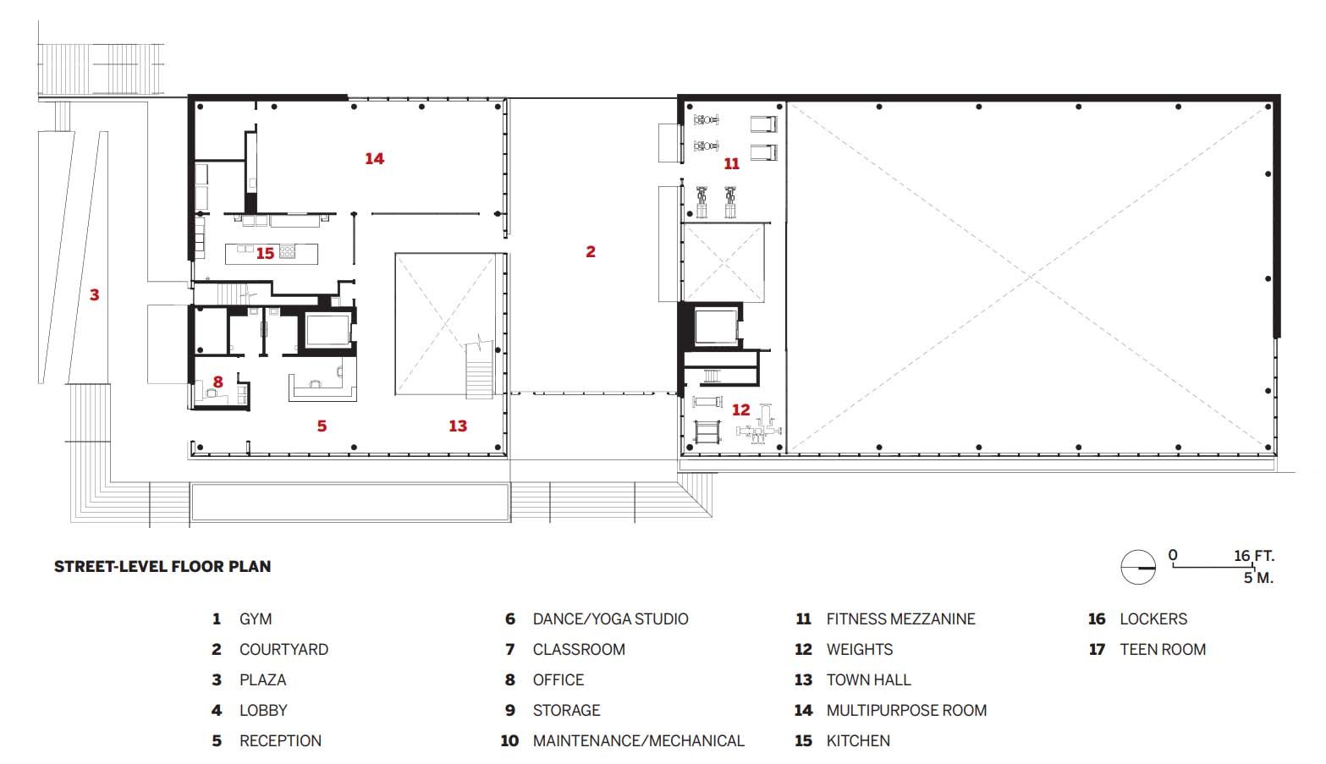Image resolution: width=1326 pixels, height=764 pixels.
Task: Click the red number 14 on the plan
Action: (x=374, y=158)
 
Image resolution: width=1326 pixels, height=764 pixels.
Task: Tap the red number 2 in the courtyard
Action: (x=590, y=251)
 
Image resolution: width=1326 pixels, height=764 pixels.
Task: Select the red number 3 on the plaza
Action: (x=94, y=294)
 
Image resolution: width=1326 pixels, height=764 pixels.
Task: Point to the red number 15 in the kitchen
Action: (x=265, y=253)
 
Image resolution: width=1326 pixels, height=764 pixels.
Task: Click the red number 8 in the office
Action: (x=217, y=382)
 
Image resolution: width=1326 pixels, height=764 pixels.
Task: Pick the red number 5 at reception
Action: (x=322, y=426)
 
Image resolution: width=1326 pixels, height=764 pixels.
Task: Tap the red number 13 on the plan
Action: (x=458, y=426)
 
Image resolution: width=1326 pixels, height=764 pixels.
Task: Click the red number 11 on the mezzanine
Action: (x=732, y=164)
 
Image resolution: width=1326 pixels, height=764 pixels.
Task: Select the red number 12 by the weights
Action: (x=740, y=410)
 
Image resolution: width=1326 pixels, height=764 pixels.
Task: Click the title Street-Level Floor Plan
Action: (x=162, y=566)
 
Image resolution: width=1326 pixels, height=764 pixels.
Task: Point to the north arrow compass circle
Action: (x=1138, y=567)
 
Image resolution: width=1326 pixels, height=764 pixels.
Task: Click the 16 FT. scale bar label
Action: (x=1254, y=556)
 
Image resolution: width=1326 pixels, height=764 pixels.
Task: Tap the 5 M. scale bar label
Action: (x=1258, y=578)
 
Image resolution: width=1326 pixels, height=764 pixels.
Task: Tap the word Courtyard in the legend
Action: (x=283, y=649)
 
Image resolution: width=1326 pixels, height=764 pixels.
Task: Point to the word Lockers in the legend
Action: (x=1153, y=619)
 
